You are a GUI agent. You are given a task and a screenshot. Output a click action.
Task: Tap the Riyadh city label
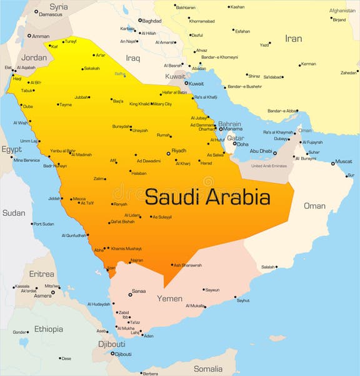click(179, 151)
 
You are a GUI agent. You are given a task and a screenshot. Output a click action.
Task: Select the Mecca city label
click(79, 198)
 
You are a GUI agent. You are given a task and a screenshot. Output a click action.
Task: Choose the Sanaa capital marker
click(130, 293)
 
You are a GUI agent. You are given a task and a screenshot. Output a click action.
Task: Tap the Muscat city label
click(344, 161)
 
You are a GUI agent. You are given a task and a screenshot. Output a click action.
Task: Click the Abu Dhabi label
click(261, 151)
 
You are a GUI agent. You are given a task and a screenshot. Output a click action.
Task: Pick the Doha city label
click(242, 145)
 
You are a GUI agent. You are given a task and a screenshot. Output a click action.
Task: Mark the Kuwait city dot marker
click(186, 83)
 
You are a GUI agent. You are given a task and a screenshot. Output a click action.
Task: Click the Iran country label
click(293, 39)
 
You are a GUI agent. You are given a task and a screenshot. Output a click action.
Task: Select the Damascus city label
click(51, 14)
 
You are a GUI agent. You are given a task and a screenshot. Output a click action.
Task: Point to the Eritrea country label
click(42, 274)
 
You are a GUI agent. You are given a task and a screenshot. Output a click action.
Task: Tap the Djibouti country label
click(111, 344)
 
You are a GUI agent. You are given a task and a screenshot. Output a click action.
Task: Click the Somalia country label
click(207, 368)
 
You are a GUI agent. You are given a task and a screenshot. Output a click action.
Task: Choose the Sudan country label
click(14, 213)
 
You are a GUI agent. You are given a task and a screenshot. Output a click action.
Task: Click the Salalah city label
click(268, 267)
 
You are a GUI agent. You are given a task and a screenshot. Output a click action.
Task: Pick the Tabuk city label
click(27, 90)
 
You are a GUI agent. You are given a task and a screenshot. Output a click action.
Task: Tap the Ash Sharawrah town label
click(187, 265)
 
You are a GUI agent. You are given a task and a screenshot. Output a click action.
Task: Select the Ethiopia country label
click(49, 329)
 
